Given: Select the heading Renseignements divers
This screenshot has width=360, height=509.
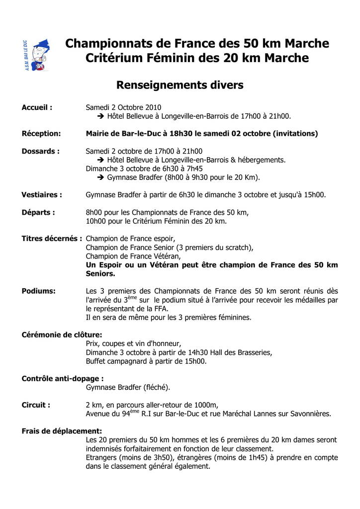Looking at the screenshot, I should (x=180, y=85).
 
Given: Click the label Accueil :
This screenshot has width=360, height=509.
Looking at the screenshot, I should (x=37, y=107).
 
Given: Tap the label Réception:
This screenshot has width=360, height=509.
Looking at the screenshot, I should (x=41, y=133).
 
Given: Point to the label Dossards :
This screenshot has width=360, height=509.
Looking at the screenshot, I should (x=41, y=151).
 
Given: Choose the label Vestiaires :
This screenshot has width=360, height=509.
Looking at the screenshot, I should (x=42, y=195).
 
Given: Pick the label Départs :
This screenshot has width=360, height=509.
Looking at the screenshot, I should (x=38, y=212).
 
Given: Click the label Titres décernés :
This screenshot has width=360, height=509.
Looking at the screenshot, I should (x=52, y=239).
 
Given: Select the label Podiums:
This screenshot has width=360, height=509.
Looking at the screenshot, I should (x=39, y=291).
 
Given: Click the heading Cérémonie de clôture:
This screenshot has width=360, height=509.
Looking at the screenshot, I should (x=62, y=335).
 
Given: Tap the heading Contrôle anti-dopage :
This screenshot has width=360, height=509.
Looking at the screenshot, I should (x=63, y=379).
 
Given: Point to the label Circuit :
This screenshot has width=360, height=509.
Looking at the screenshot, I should (x=36, y=405).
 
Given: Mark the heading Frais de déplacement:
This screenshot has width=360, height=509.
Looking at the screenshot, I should (x=62, y=431).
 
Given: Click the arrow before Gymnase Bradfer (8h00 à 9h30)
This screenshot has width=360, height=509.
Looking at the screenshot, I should (x=100, y=177).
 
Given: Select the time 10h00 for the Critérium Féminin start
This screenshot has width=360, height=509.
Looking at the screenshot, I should (x=95, y=221).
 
